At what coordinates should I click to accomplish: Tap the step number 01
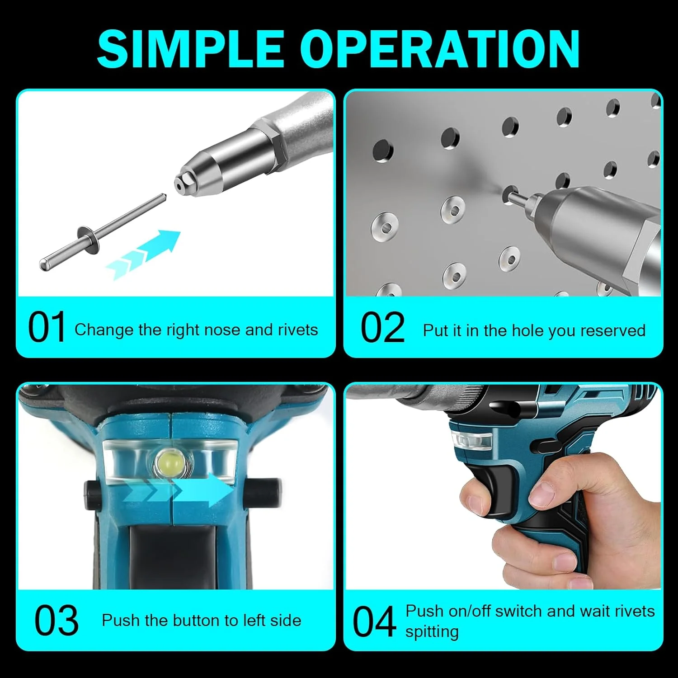pos(47,328)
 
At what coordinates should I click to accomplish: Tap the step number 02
pos(382,328)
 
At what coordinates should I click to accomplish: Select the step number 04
pos(374,622)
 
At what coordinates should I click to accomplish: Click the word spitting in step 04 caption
pos(432,631)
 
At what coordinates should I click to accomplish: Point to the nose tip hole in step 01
pos(180,184)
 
